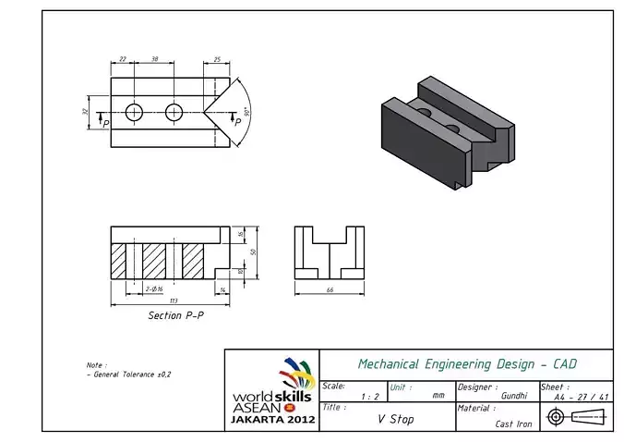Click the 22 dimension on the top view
[x=123, y=58]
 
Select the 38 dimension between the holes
[x=154, y=58]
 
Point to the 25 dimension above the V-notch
[x=216, y=58]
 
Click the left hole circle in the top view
[x=135, y=112]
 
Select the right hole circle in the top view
[x=174, y=112]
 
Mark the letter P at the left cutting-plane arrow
[x=105, y=123]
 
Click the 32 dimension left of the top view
[x=85, y=112]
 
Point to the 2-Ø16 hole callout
[x=155, y=289]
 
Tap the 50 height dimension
[x=252, y=252]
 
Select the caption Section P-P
[x=176, y=315]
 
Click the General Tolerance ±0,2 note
[x=129, y=374]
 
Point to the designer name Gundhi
[x=513, y=396]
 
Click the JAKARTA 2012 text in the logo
[x=273, y=419]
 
